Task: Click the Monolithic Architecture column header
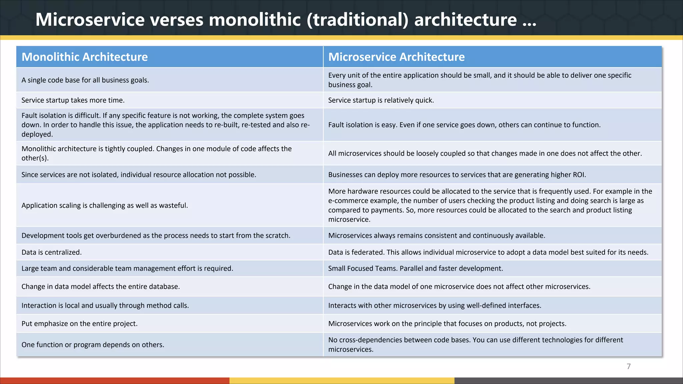(85, 57)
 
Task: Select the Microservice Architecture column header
(396, 57)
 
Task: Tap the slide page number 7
(629, 366)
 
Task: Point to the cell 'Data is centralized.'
(52, 252)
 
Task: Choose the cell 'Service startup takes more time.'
(73, 100)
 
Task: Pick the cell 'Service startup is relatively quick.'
(381, 100)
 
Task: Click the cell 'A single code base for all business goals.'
(85, 80)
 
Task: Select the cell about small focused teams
(416, 269)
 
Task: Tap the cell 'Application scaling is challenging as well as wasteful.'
(105, 205)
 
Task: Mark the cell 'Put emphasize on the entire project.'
(80, 324)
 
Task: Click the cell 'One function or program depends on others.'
(93, 345)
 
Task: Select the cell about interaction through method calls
(105, 306)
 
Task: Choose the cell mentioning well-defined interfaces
(435, 306)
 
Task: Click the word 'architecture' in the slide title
(466, 19)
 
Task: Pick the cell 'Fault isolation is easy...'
(464, 125)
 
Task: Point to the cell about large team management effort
(127, 269)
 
